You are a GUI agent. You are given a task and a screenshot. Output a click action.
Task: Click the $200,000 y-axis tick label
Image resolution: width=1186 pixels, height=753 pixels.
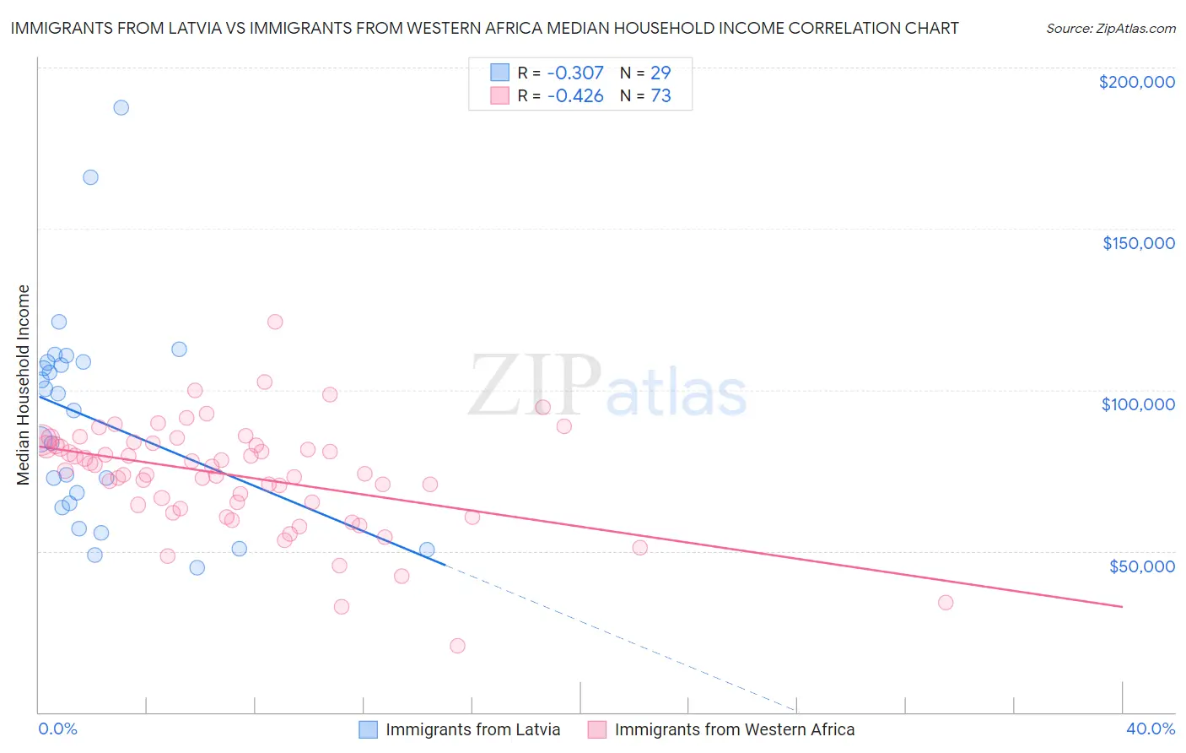(x=1136, y=82)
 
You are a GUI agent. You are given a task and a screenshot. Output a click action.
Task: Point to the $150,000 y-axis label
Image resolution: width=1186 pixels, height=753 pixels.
(x=1138, y=243)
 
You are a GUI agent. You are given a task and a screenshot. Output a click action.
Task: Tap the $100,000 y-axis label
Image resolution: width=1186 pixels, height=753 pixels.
(x=1138, y=404)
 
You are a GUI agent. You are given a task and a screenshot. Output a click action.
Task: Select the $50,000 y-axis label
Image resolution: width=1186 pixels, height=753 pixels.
(x=1141, y=566)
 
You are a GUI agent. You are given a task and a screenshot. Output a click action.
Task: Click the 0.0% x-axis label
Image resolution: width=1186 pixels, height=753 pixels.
(x=57, y=729)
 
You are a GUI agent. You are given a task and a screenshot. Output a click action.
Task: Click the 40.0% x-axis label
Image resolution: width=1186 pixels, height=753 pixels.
(x=1150, y=729)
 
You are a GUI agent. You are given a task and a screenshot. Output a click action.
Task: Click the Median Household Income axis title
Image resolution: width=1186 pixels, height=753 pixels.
(x=24, y=385)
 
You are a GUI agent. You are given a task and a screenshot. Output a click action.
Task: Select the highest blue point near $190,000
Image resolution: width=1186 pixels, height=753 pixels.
(x=121, y=107)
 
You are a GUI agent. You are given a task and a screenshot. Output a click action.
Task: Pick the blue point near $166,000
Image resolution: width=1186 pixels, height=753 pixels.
(x=90, y=177)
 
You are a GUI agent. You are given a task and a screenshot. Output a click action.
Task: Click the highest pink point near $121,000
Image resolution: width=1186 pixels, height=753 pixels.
(x=275, y=322)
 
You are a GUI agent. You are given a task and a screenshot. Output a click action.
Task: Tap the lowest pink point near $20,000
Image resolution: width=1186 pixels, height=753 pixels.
(x=458, y=646)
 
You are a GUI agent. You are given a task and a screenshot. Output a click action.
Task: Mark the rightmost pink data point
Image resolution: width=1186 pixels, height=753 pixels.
(x=946, y=603)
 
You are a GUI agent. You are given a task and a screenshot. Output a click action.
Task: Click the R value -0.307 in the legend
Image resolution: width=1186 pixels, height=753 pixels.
(x=575, y=73)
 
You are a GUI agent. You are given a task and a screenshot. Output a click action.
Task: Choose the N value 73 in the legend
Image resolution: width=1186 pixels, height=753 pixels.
(x=660, y=96)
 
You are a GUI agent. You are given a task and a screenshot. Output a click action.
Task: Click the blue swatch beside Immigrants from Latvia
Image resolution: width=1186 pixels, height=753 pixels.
(x=369, y=729)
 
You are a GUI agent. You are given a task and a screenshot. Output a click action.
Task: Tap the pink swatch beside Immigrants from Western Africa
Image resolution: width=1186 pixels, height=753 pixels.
(x=597, y=729)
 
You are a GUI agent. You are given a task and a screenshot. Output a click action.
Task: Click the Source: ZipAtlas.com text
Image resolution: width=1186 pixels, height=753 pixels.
(x=1110, y=28)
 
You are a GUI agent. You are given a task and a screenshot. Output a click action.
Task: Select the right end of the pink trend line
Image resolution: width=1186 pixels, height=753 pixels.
(x=1122, y=606)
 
